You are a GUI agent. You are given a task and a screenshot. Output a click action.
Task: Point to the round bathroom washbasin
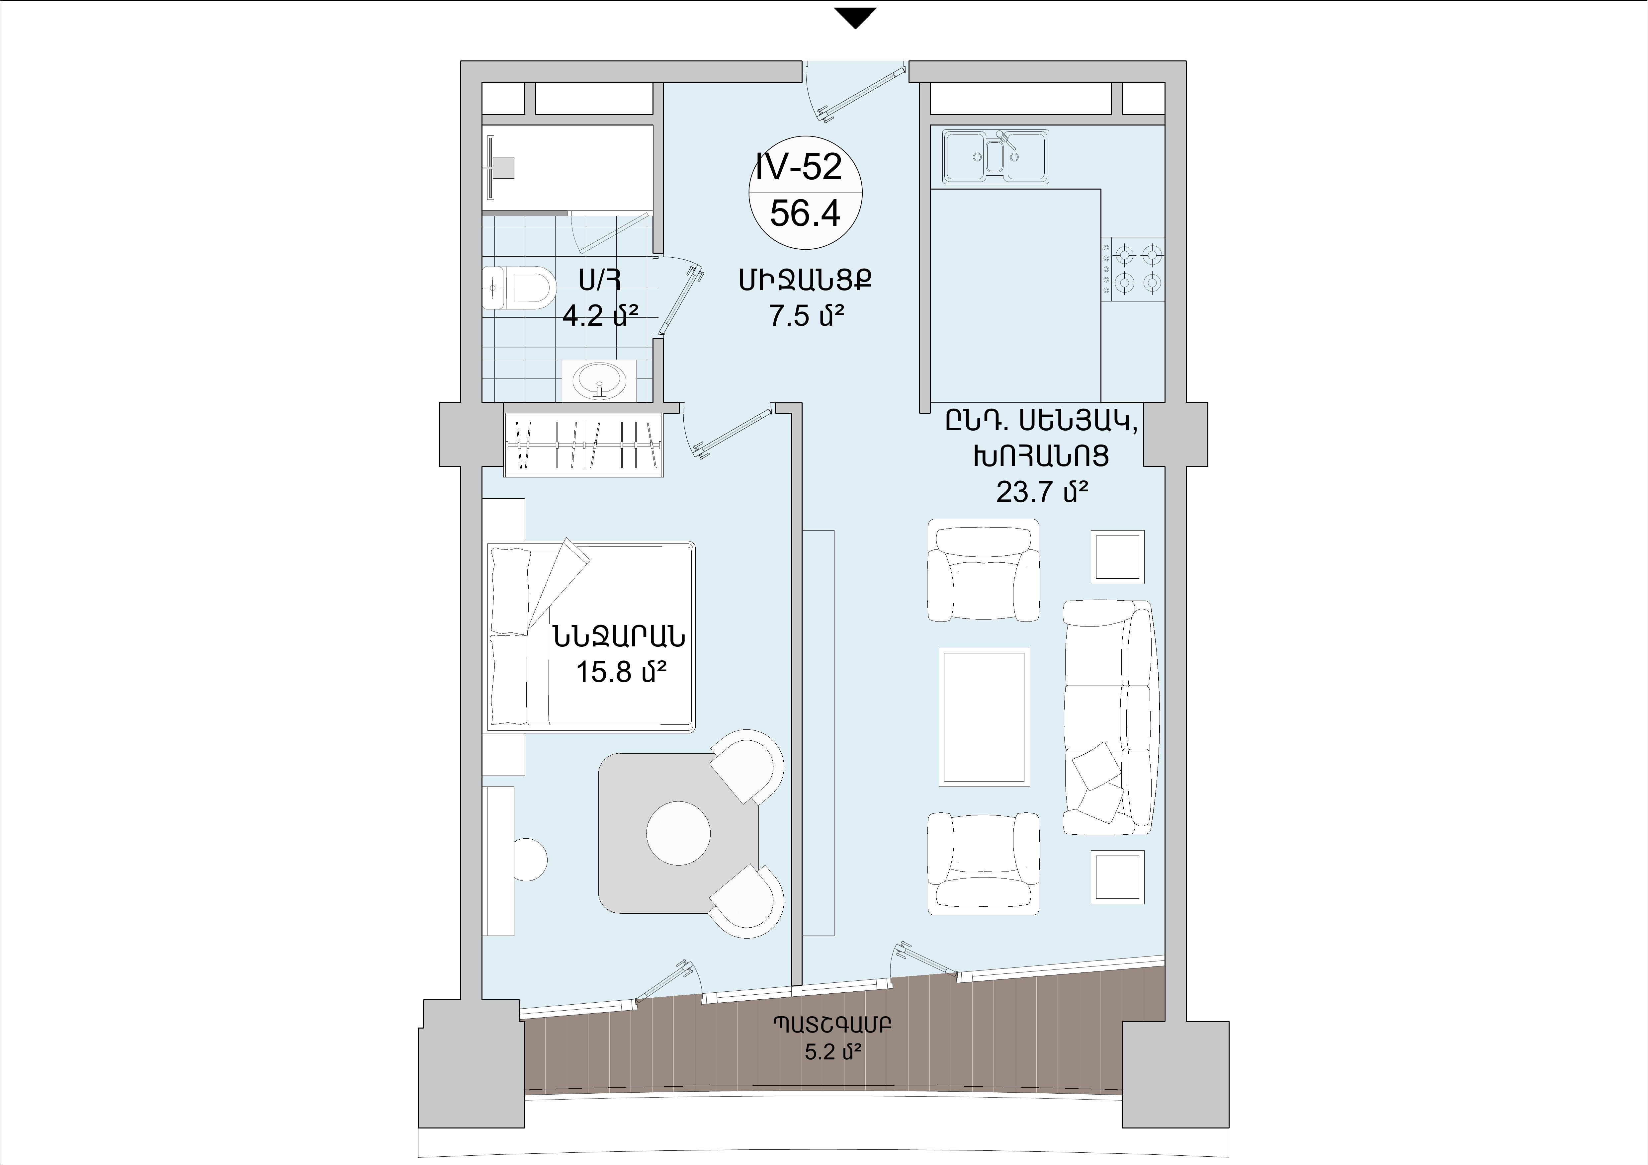pyautogui.click(x=599, y=380)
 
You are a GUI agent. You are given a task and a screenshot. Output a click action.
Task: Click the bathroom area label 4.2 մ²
pyautogui.click(x=600, y=315)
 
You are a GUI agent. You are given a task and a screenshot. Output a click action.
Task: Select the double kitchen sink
pyautogui.click(x=996, y=156)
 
